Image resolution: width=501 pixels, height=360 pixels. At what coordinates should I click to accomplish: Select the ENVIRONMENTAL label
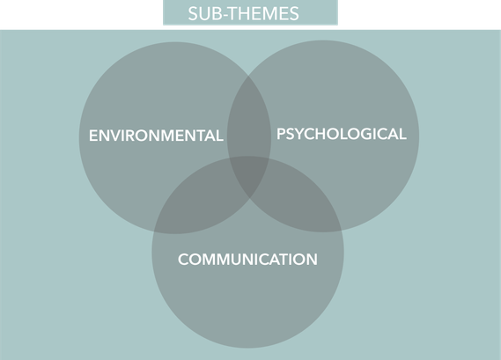[x=156, y=136]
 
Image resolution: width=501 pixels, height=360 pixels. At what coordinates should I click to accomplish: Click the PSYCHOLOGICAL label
[x=342, y=134]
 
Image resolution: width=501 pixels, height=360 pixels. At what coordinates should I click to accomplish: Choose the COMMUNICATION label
[x=247, y=259]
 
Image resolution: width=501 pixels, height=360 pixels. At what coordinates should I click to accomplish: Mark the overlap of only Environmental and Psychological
[x=249, y=121]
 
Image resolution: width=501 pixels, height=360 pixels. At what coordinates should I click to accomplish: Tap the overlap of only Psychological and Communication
[x=297, y=204]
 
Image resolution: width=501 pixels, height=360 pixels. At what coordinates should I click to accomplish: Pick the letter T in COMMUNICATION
[x=282, y=259]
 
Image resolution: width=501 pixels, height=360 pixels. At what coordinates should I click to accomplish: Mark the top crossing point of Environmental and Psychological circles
[x=249, y=76]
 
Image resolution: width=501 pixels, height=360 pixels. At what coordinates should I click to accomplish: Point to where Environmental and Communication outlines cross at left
[x=154, y=231]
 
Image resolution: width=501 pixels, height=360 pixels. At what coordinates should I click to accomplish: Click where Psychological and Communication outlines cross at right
[x=342, y=231]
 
